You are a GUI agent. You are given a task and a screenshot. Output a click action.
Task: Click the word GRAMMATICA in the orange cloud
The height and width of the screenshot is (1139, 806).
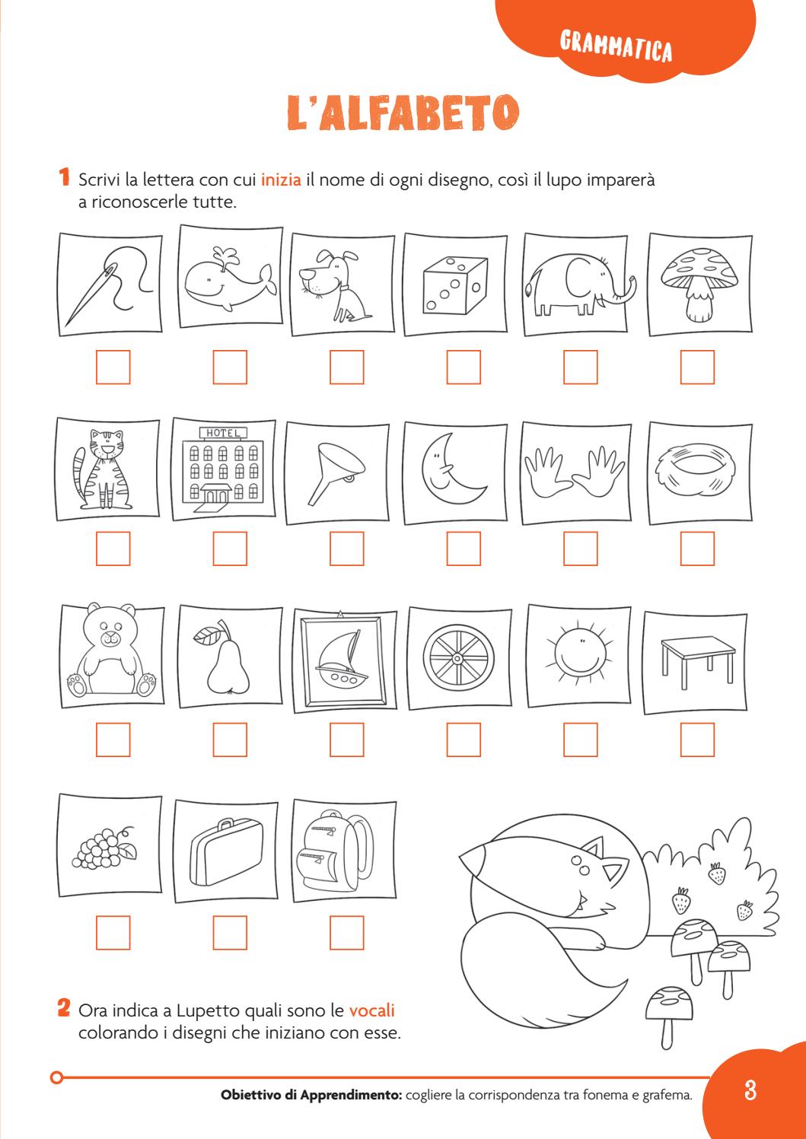tap(616, 46)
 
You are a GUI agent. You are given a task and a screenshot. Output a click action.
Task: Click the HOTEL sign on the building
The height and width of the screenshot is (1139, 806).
tap(224, 433)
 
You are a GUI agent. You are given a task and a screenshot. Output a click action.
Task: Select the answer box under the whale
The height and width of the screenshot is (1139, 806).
tap(230, 367)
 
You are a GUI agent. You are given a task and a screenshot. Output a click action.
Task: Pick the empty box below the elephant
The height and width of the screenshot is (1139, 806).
tap(580, 367)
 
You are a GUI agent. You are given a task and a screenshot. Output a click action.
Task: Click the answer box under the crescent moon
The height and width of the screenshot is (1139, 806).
tap(464, 549)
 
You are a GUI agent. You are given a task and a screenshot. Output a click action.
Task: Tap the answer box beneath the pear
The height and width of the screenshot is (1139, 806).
tap(230, 740)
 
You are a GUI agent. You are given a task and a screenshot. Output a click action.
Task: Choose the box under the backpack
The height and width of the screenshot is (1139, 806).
tap(347, 933)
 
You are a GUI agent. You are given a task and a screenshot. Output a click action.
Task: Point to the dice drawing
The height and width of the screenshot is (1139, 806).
tap(455, 285)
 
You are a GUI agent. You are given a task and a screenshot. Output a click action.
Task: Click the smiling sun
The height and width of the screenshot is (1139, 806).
tap(579, 652)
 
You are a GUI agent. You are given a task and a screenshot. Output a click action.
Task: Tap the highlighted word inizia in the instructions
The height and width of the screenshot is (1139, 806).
tap(281, 180)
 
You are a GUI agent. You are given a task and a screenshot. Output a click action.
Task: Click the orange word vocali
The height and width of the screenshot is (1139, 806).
tap(371, 1010)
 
